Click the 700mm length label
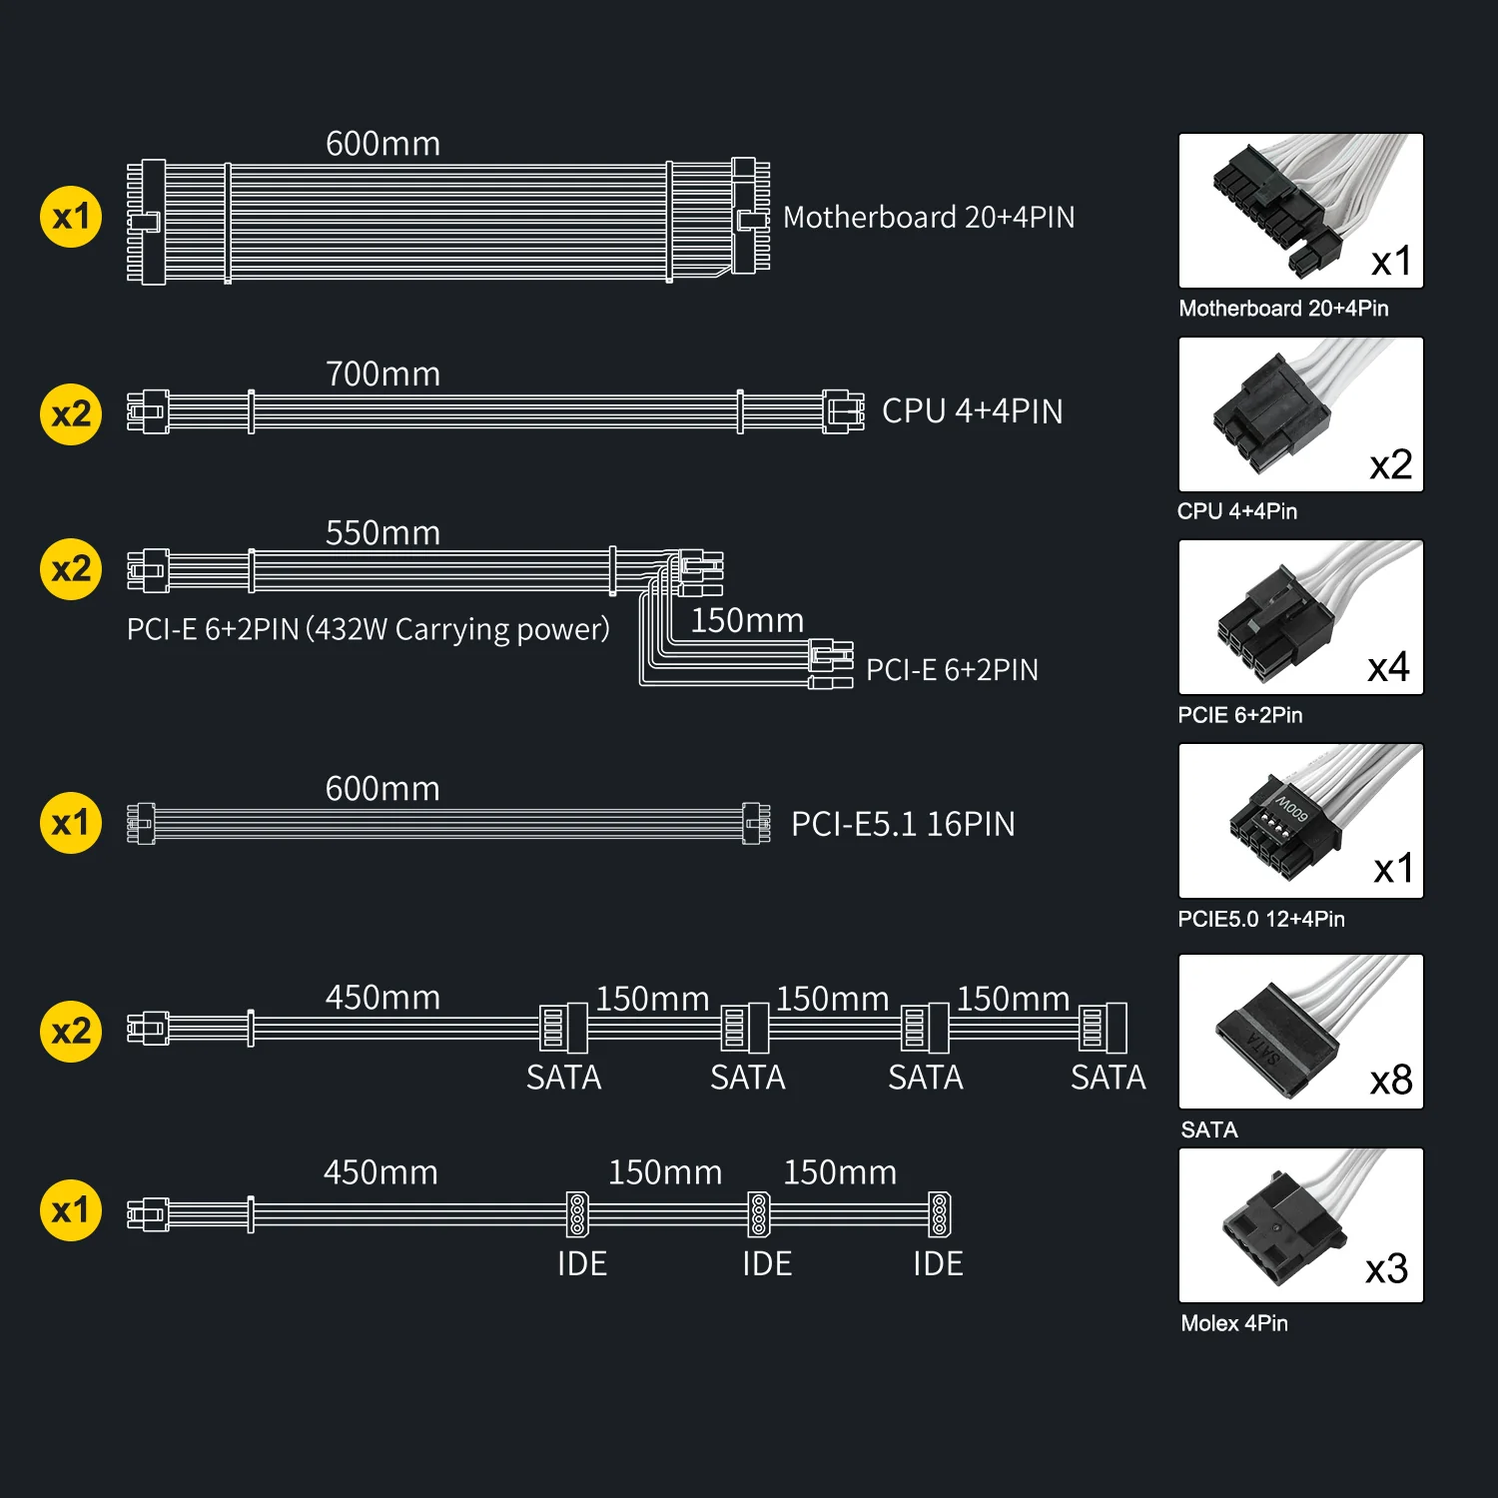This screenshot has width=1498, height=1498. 382,374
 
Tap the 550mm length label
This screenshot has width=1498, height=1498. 382,532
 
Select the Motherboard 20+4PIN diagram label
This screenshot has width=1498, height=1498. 929,217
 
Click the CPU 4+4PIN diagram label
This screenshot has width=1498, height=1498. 972,410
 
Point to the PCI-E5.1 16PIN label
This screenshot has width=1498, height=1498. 903,824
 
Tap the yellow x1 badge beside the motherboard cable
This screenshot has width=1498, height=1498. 71,216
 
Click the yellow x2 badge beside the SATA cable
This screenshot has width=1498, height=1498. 71,1031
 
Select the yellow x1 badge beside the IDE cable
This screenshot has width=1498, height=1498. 71,1209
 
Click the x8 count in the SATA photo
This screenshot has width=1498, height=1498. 1391,1080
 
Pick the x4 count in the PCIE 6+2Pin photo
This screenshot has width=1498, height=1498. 1389,667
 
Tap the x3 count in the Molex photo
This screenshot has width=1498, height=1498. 1387,1268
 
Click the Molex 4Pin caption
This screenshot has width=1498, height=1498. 1234,1323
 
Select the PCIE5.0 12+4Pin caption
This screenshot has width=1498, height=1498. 1261,919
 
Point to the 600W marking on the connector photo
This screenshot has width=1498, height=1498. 1291,808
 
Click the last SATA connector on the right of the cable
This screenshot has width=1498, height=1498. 1103,1028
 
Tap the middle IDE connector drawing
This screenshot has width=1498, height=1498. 759,1213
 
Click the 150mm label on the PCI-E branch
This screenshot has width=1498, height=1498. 747,620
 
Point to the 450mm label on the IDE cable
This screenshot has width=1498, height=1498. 380,1171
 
